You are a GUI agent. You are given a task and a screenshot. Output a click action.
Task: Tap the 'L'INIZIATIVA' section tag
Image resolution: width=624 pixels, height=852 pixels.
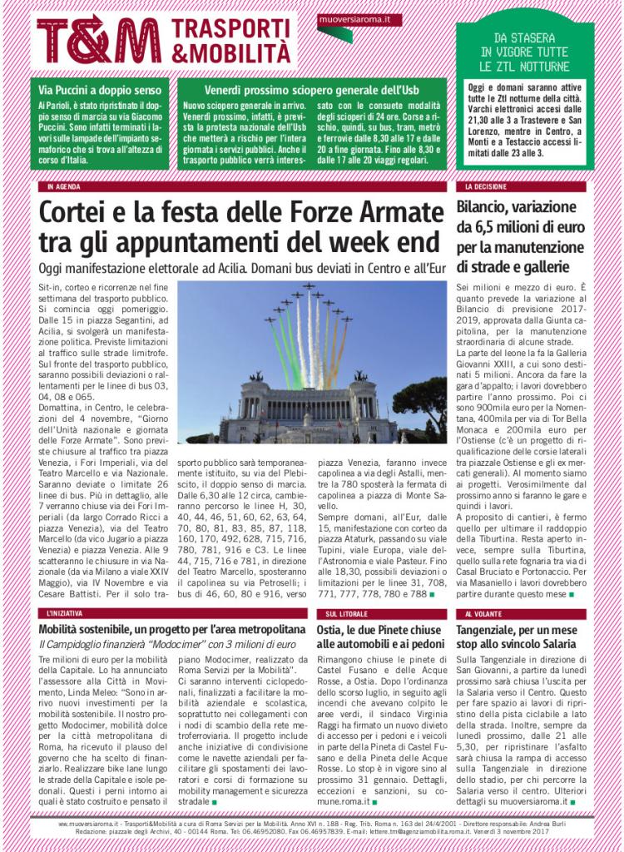click(x=64, y=613)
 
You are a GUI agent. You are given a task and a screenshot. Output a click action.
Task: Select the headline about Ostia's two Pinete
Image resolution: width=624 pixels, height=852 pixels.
click(x=378, y=637)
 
